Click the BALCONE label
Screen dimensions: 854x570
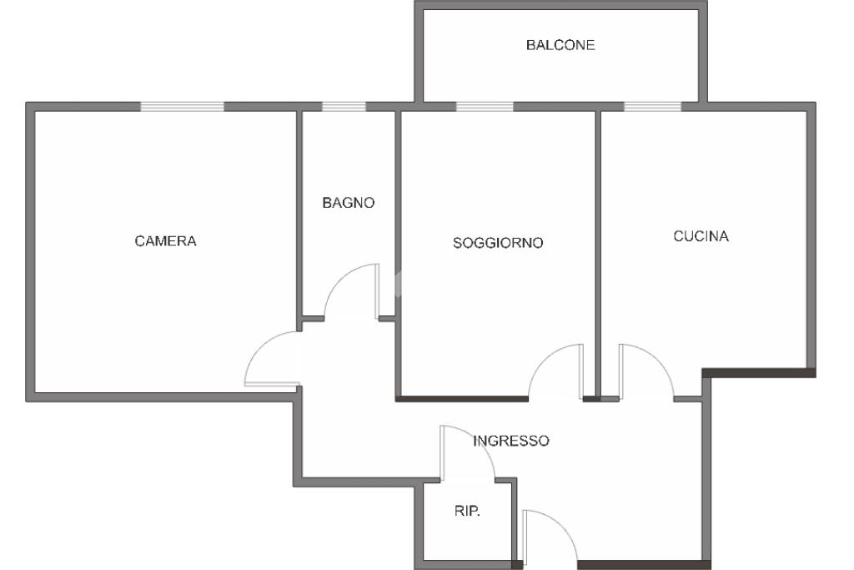[x=560, y=45]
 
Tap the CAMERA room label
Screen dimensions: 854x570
[x=165, y=241]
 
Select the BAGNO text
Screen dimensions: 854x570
[x=349, y=203]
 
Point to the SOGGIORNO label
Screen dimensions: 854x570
[x=498, y=244]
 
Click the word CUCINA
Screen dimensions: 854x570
[x=701, y=236]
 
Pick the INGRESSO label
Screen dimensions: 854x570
[x=511, y=441]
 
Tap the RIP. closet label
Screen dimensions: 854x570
[x=467, y=512]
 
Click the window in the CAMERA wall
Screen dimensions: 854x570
[x=182, y=106]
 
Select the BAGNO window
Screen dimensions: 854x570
[x=344, y=106]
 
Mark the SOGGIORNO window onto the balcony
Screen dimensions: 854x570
[x=484, y=106]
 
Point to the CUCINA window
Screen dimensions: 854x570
[x=652, y=106]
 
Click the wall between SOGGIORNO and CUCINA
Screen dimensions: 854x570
[x=598, y=250]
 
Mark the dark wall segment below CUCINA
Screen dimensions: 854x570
[x=759, y=372]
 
